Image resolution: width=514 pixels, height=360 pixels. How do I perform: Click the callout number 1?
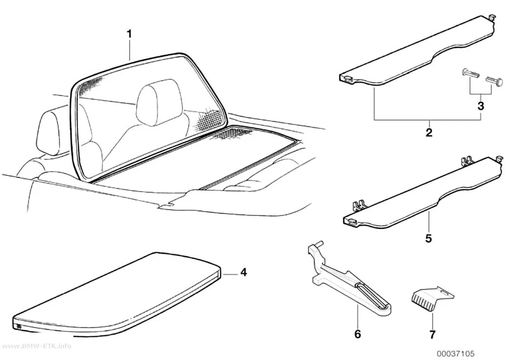130,34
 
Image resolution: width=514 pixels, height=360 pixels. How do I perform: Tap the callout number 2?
429,132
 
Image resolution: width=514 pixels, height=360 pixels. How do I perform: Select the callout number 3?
481,106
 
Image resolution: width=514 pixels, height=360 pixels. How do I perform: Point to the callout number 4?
243,272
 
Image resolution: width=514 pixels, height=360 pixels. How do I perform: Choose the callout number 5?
428,238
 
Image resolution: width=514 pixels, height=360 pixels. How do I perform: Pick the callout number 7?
432,335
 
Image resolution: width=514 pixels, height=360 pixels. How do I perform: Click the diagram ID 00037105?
455,354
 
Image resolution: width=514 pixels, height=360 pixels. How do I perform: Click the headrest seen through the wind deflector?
159,102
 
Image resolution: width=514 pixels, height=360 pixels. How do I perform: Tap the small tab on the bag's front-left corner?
18,326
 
